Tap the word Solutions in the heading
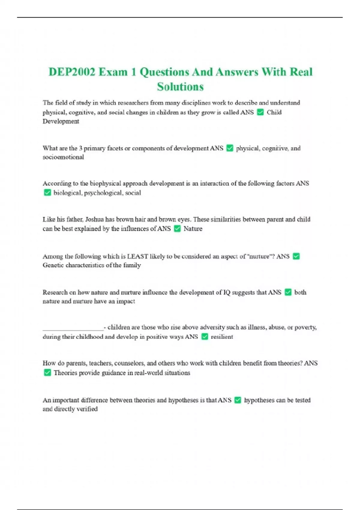[x=180, y=87]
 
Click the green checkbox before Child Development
[x=260, y=112]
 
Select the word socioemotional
[x=63, y=157]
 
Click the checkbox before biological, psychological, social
[x=47, y=193]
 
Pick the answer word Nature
[x=193, y=229]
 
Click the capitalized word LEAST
[x=138, y=256]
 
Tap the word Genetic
[x=53, y=265]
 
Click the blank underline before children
[x=73, y=328]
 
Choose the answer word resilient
[x=222, y=337]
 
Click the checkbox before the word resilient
[x=205, y=337]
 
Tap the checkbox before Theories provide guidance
[x=47, y=373]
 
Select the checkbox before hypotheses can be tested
[x=238, y=400]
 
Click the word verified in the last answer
[x=87, y=409]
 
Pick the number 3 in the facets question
[x=80, y=148]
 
